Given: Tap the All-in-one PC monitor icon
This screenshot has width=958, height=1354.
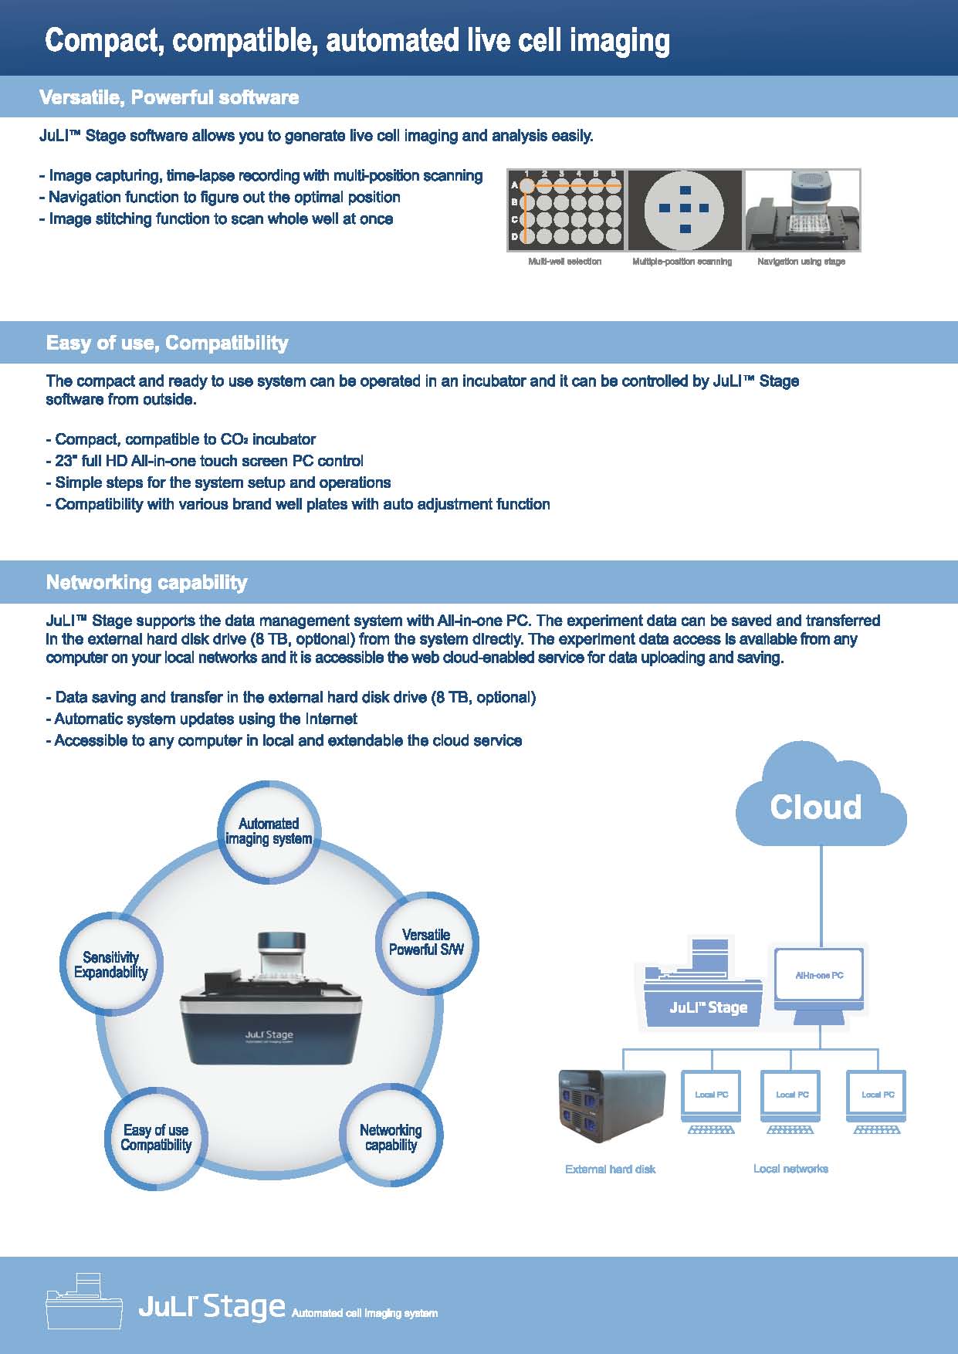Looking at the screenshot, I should (819, 977).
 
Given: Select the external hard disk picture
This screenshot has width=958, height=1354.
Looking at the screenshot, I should (611, 1106).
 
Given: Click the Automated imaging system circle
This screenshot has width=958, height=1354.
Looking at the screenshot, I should (268, 831).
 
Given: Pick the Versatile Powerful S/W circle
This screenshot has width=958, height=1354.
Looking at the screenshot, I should (426, 943).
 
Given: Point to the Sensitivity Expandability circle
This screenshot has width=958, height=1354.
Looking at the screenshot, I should (111, 965).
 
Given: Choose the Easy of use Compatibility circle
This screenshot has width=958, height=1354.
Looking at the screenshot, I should (156, 1138).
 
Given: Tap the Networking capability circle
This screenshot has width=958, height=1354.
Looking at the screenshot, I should (391, 1137).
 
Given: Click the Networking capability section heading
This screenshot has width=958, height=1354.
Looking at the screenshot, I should (147, 582).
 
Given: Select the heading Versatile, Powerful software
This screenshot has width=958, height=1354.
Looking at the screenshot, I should (169, 97).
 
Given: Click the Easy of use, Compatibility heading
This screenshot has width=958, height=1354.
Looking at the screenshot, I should (167, 343).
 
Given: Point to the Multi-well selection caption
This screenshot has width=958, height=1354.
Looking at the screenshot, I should (564, 262).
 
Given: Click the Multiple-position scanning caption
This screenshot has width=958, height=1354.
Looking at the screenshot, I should (682, 262).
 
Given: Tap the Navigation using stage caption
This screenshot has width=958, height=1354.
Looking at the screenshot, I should (801, 262).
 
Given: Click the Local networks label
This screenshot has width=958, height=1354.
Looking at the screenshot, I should (790, 1169).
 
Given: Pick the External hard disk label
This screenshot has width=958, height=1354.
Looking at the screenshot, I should (610, 1170).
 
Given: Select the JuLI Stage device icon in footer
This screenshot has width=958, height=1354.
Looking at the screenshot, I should (84, 1302).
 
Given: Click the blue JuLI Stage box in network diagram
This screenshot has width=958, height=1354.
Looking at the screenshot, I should (702, 996).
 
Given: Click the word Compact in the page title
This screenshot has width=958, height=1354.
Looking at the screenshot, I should (103, 40).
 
